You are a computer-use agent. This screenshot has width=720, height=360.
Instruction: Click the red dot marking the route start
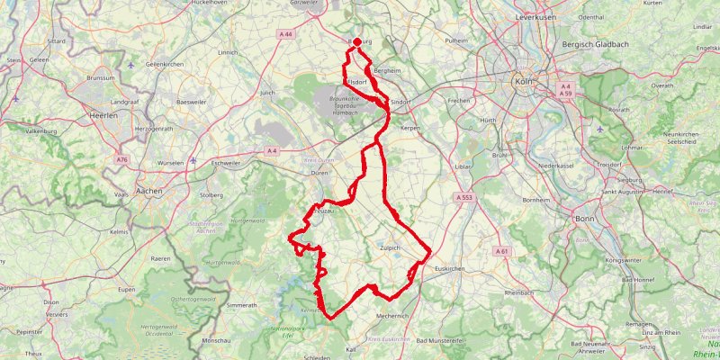[x=357, y=42]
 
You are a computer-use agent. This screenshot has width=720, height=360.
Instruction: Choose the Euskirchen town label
[x=449, y=269]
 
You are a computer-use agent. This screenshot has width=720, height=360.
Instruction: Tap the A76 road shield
[x=121, y=159]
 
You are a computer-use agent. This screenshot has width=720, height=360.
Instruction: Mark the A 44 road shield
[x=286, y=34]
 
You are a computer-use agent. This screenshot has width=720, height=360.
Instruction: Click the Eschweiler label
[x=228, y=164]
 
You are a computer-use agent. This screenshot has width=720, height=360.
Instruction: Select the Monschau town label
[x=217, y=341]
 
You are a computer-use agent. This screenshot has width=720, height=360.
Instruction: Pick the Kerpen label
[x=410, y=129]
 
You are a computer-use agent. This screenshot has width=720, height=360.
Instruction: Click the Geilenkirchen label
[x=164, y=65]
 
